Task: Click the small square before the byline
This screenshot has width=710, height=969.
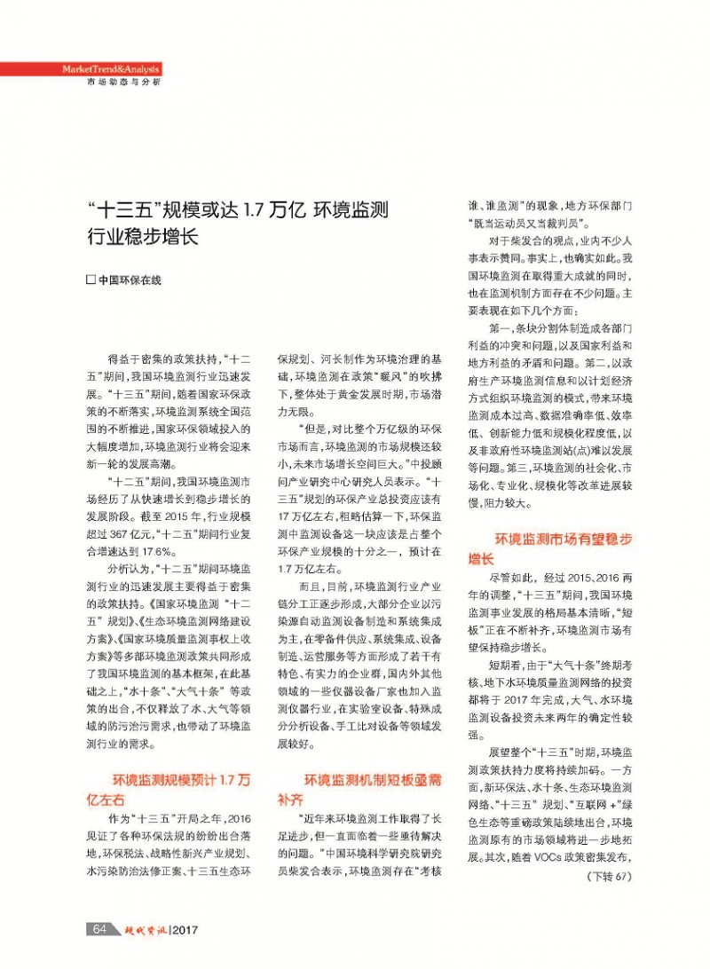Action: pos(90,279)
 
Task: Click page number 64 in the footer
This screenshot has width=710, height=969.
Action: pos(100,928)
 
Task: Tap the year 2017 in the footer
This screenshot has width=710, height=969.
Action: pos(185,929)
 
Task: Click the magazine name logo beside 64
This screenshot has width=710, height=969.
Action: pos(143,928)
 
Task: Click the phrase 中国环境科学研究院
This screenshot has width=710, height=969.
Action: pos(382,855)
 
